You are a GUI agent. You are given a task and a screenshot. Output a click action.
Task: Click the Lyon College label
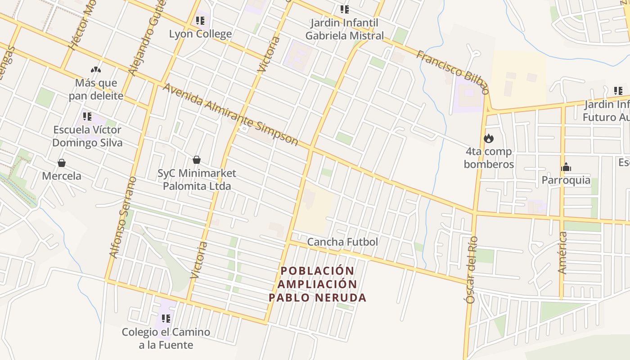[200, 34]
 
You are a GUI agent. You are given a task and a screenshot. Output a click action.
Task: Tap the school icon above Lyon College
[200, 21]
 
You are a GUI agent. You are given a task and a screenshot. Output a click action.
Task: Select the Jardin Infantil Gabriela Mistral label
[345, 29]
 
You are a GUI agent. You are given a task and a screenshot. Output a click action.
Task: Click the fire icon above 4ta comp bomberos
[489, 139]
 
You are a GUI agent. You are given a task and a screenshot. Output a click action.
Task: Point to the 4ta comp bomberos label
[489, 158]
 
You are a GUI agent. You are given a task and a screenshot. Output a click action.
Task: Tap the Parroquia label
[566, 180]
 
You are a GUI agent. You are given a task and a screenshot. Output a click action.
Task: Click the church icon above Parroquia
[566, 167]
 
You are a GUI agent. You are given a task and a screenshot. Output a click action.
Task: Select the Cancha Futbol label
[342, 242]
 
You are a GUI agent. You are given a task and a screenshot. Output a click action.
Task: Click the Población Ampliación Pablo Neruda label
[317, 284]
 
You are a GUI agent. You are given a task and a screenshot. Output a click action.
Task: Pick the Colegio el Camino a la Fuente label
[166, 338]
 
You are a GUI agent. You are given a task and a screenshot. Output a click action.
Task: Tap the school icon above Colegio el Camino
[166, 319]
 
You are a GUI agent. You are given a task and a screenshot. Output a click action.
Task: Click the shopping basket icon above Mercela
[62, 163]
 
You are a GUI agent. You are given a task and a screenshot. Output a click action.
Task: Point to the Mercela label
[62, 176]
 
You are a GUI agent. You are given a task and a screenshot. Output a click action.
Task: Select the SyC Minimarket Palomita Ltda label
[197, 180]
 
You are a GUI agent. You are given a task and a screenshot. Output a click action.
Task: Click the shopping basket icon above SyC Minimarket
[197, 160]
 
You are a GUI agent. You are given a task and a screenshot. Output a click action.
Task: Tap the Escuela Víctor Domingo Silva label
[87, 136]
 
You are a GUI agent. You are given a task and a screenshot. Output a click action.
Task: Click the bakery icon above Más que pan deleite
[96, 70]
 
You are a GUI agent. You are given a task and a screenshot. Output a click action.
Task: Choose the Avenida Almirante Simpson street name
[230, 114]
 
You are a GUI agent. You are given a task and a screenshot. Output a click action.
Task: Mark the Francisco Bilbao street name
[452, 72]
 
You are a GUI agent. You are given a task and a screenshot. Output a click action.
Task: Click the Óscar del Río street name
[471, 270]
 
